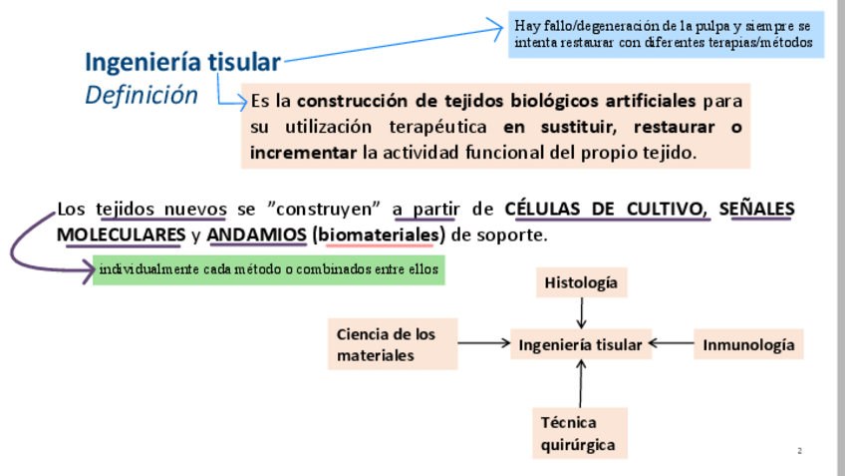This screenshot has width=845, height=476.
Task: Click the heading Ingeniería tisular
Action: pyautogui.click(x=182, y=62)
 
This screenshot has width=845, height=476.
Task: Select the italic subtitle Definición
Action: pyautogui.click(x=141, y=95)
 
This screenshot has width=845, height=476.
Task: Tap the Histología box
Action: pyautogui.click(x=581, y=282)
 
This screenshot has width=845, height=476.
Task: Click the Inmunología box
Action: pyautogui.click(x=749, y=345)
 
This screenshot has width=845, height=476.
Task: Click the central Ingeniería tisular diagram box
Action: pyautogui.click(x=581, y=345)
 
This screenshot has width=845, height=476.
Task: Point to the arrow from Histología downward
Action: pyautogui.click(x=581, y=313)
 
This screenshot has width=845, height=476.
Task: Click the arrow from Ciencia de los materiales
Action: pyautogui.click(x=487, y=345)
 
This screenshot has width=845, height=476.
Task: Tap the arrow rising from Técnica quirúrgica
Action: pyautogui.click(x=581, y=383)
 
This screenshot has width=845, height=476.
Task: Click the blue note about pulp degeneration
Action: pyautogui.click(x=666, y=34)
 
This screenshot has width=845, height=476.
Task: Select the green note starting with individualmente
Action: pyautogui.click(x=268, y=269)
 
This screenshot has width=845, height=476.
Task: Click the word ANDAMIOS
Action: pyautogui.click(x=257, y=236)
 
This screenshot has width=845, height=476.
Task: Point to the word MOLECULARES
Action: pyautogui.click(x=121, y=236)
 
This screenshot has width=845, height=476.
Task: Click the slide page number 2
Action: pyautogui.click(x=799, y=452)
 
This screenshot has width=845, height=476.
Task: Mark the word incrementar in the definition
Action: pyautogui.click(x=303, y=153)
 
